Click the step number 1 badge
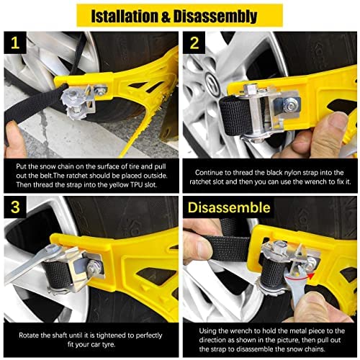coord(14,44)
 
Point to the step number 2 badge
coord(194,44)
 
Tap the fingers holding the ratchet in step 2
coord(317,137)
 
